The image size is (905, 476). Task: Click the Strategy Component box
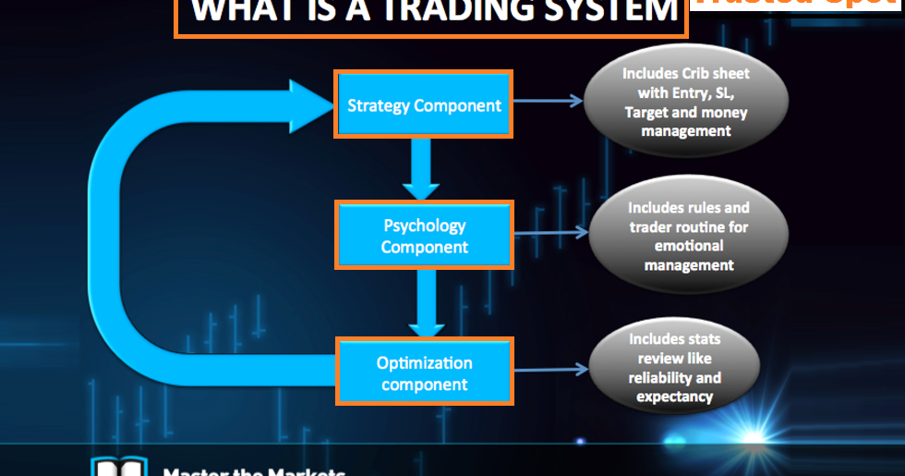[424, 104]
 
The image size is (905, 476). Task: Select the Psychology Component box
[424, 236]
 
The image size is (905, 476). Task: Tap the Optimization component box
[424, 372]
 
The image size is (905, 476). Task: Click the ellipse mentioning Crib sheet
[684, 102]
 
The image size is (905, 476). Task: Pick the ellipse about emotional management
[688, 238]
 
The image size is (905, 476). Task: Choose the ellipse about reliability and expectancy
[674, 368]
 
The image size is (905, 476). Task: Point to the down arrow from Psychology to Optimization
[426, 304]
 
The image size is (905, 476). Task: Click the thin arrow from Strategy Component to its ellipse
[548, 101]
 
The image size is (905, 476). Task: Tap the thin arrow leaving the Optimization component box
[550, 369]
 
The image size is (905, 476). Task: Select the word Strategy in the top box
[378, 105]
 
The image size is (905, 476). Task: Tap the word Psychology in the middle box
[425, 226]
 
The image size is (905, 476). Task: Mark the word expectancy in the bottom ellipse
[674, 397]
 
